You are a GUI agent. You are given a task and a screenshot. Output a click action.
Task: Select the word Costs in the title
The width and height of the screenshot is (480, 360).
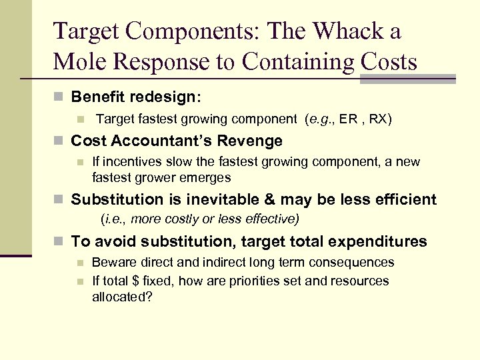[x=389, y=62]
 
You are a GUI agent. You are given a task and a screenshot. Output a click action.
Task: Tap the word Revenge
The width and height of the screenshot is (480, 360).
[x=251, y=141]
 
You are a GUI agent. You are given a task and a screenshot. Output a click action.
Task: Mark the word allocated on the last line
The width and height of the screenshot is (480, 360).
[x=121, y=297]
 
